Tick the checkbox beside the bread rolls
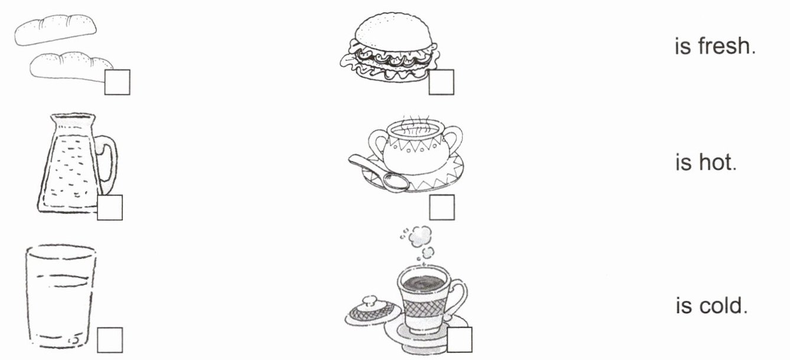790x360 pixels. (x=118, y=82)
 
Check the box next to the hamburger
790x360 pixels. (x=441, y=82)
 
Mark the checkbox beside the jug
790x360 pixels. (x=110, y=207)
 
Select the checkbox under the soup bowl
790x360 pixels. (x=442, y=207)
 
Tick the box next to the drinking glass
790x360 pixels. (x=110, y=340)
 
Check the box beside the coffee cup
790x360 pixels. (x=460, y=339)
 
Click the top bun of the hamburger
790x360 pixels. (x=393, y=31)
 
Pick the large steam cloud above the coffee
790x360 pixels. (x=420, y=236)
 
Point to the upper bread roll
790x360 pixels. (x=56, y=30)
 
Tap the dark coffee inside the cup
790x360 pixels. (x=423, y=283)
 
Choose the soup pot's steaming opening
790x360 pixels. (x=415, y=131)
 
